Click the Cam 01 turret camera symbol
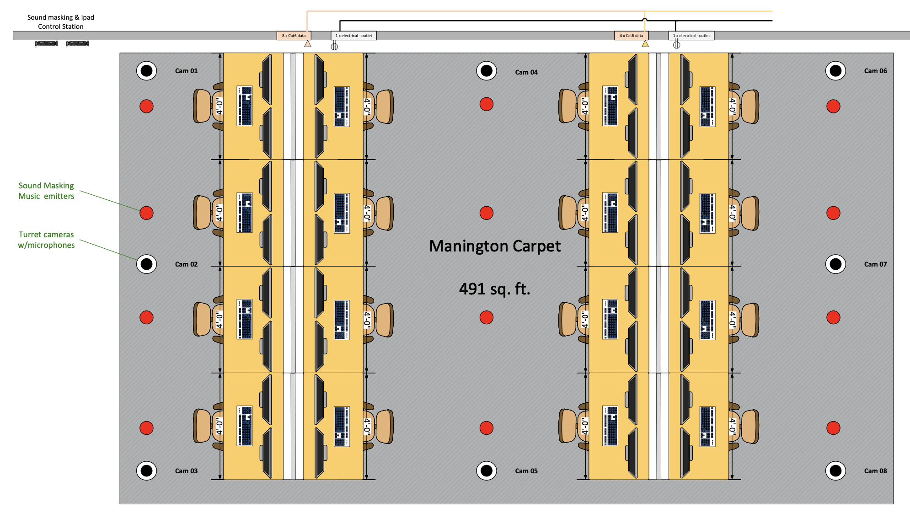click(146, 71)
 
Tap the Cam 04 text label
click(526, 72)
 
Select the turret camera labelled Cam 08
click(835, 470)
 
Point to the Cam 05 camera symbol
click(487, 470)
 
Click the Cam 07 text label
click(875, 264)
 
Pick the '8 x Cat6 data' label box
click(294, 36)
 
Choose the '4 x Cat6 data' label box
click(631, 36)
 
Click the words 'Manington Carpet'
click(495, 246)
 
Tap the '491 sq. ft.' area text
click(494, 289)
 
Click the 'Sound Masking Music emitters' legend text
click(46, 191)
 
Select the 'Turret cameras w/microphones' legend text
click(46, 240)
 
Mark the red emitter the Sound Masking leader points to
click(146, 213)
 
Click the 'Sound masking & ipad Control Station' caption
click(61, 22)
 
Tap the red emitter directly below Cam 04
click(487, 104)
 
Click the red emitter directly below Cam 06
click(833, 106)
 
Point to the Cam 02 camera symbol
click(146, 264)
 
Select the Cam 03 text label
click(186, 471)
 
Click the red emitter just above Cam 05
click(487, 428)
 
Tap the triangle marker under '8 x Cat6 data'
click(308, 44)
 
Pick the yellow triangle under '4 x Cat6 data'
click(645, 44)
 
